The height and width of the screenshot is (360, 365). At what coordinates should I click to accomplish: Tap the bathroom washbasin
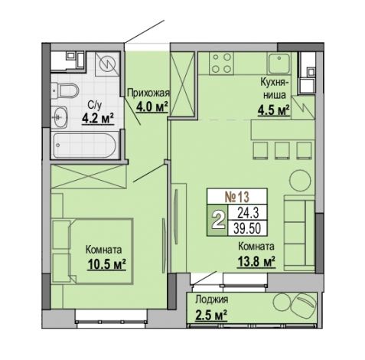[60, 117]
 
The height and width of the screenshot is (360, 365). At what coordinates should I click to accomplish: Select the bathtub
[86, 146]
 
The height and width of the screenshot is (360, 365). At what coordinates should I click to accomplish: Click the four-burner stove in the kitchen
[221, 63]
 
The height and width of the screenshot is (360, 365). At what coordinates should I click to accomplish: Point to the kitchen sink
[279, 64]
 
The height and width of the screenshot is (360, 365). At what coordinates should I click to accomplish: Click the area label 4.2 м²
[98, 118]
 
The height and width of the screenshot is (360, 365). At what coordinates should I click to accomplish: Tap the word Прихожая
[148, 93]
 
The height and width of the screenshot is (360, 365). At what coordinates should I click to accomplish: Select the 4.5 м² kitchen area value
[274, 110]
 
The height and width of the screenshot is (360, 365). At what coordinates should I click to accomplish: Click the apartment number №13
[236, 197]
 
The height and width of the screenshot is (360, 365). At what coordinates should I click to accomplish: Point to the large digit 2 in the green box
[217, 220]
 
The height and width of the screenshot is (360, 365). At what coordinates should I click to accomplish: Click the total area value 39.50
[247, 228]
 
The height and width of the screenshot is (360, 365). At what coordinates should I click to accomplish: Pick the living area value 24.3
[248, 212]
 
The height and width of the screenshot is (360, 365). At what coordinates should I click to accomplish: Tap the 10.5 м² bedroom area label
[106, 263]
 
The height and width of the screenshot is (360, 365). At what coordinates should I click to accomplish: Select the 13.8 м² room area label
[256, 261]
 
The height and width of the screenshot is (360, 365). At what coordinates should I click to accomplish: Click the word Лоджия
[211, 300]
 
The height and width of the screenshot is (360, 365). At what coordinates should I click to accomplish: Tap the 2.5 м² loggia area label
[211, 315]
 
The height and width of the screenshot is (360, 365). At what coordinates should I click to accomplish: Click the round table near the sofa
[300, 180]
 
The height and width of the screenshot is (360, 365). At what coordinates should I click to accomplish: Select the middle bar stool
[282, 151]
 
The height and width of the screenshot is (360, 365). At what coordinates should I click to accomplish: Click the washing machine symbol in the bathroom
[107, 64]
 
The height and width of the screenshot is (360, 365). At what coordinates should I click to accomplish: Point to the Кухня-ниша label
[275, 89]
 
